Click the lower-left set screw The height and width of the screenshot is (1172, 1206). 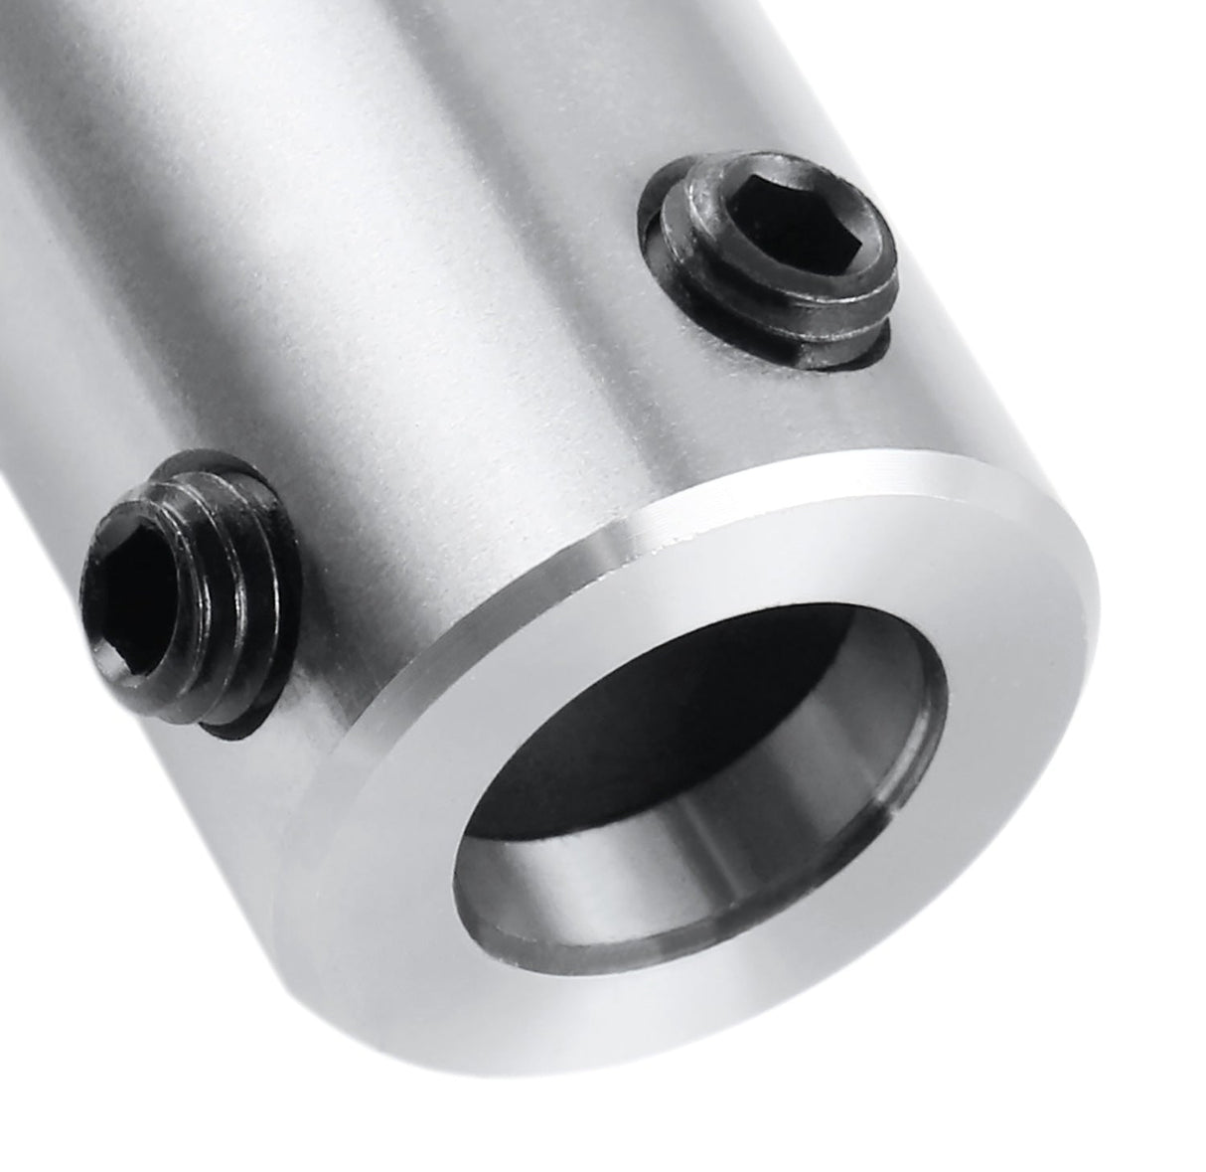[189, 596]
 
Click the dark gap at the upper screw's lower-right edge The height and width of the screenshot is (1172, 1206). [874, 343]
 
